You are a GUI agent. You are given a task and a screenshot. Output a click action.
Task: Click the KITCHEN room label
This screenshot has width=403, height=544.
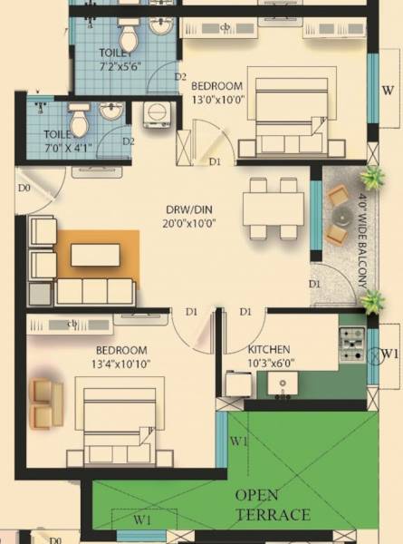pos(270,349)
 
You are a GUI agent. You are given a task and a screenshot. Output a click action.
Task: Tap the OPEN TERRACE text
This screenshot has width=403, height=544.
pos(273,505)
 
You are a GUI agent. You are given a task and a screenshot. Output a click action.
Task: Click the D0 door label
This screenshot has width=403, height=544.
pos(24,188)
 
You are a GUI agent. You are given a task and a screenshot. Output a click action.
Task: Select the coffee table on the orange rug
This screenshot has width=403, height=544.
pos(95,255)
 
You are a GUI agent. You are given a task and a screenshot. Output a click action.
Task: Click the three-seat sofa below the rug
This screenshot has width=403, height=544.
pos(95,292)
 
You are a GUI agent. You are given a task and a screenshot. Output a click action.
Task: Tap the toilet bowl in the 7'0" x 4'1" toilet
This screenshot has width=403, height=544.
pos(80,118)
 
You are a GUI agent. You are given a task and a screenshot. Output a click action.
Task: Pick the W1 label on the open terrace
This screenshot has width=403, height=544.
pos(238,442)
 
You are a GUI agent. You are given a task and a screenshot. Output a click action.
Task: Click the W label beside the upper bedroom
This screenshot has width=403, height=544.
pos(387,90)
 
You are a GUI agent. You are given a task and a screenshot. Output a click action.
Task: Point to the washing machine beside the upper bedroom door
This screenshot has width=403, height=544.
pos(158,114)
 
